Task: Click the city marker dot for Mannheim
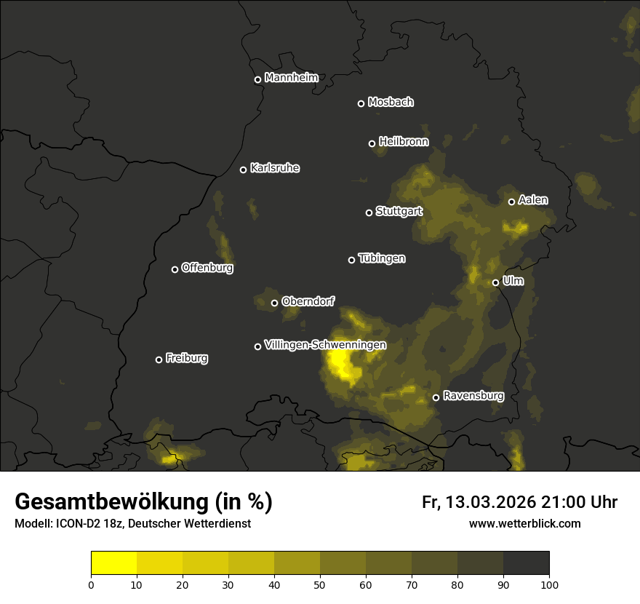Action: pos(257,80)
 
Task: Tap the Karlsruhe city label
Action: pos(274,168)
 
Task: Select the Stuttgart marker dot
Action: pos(369,212)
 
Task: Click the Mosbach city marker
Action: pos(361,103)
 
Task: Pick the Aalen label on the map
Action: pos(533,200)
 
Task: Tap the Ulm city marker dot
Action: pos(495,282)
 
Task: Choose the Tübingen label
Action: pos(382,258)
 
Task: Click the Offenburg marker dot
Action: pos(175,269)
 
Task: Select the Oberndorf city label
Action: pos(308,301)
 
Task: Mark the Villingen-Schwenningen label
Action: pos(325,345)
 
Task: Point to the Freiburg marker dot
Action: pos(159,359)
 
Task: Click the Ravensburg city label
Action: pos(473,396)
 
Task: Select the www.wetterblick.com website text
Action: pos(524,523)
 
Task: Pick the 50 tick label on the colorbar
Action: pos(320,584)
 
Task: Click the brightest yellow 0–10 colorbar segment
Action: pos(113,563)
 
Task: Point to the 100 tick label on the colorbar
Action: pos(549,584)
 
